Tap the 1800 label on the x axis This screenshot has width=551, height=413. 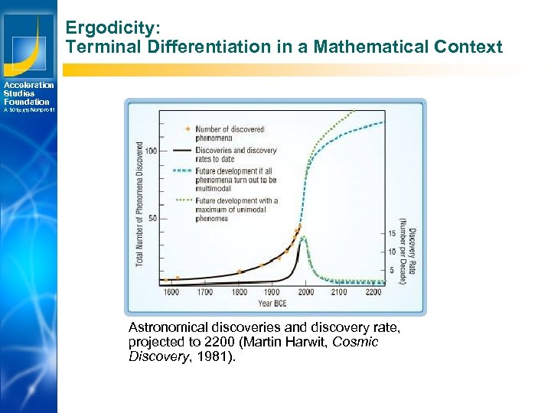coord(239,292)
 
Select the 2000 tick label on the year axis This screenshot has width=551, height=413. coord(306,292)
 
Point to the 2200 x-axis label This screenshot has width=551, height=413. coord(373,292)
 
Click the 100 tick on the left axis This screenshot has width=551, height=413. coord(151,151)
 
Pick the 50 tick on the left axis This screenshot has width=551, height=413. coord(153,218)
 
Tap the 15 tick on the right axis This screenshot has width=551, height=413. coord(391,233)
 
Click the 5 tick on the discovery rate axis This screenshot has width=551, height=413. coord(391,269)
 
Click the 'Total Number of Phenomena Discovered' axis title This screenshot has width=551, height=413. coord(140,203)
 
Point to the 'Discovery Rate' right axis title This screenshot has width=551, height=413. coord(412,255)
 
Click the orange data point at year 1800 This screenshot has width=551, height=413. coord(240,272)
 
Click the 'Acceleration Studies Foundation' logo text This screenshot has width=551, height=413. coord(28,93)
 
